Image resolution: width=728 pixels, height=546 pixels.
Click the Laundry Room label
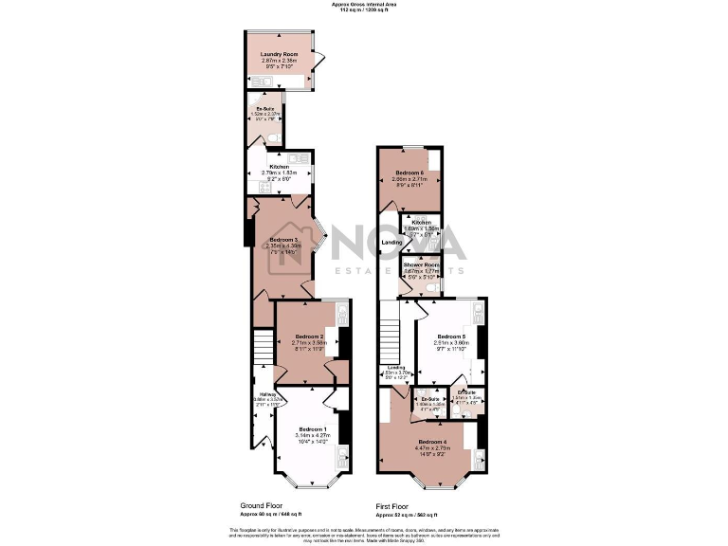tap(279, 54)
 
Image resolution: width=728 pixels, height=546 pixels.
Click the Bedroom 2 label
tap(309, 337)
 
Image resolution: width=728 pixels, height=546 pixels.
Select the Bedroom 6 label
tap(409, 173)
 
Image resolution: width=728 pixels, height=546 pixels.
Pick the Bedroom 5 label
tap(451, 337)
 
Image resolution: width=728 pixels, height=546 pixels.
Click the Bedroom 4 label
tap(431, 443)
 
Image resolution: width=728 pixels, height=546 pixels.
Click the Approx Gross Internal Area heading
tap(364, 4)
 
